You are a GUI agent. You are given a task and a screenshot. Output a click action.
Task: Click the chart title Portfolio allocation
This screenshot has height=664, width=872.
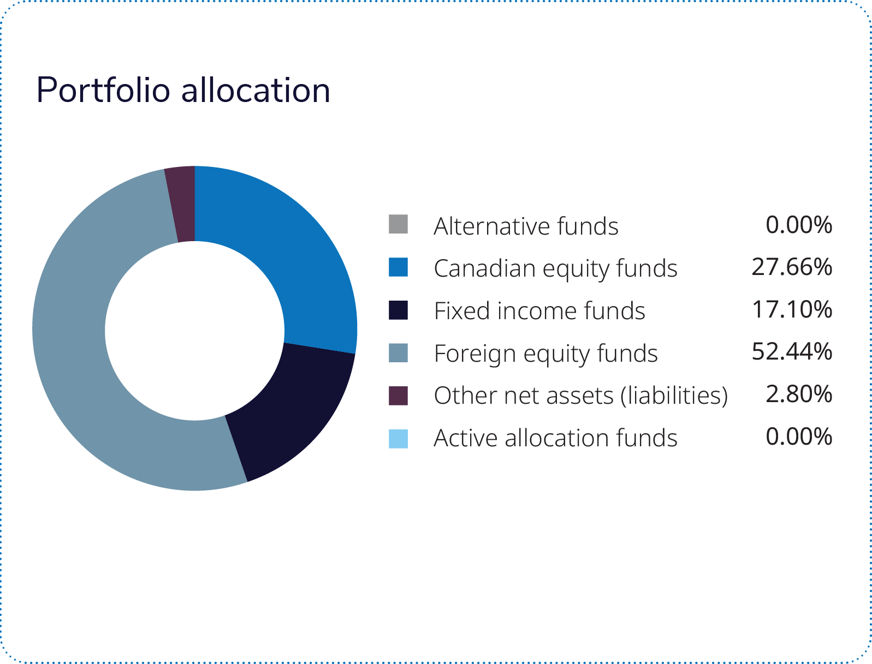tap(183, 91)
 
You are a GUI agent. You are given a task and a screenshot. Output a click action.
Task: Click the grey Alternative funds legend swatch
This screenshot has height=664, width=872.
tap(398, 224)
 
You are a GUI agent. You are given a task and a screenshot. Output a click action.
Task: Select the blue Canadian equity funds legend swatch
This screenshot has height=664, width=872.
tap(398, 267)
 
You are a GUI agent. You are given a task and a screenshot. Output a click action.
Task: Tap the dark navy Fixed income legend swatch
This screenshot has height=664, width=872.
tap(398, 309)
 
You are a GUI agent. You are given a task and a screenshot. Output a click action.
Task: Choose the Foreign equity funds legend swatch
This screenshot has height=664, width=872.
tap(398, 352)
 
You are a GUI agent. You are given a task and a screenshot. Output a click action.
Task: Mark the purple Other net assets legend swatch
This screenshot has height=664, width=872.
tap(398, 396)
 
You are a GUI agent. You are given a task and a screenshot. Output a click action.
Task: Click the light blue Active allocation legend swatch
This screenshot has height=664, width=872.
tap(398, 439)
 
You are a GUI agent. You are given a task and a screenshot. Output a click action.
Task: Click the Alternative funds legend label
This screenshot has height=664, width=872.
tap(526, 226)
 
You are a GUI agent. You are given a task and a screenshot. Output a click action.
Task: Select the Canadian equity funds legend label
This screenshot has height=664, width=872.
tap(555, 268)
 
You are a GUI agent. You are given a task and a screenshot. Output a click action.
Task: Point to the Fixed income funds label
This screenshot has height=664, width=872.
tap(539, 311)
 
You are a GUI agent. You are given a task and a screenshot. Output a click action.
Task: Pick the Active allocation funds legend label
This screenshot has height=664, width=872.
tap(555, 438)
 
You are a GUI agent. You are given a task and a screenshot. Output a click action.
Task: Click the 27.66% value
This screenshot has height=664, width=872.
tap(792, 267)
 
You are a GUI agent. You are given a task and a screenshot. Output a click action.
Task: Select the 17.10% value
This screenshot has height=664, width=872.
tap(792, 309)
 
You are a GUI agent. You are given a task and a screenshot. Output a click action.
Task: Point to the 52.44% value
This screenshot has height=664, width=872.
tap(792, 352)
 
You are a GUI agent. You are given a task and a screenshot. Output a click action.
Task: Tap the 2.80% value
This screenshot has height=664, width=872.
tap(799, 394)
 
